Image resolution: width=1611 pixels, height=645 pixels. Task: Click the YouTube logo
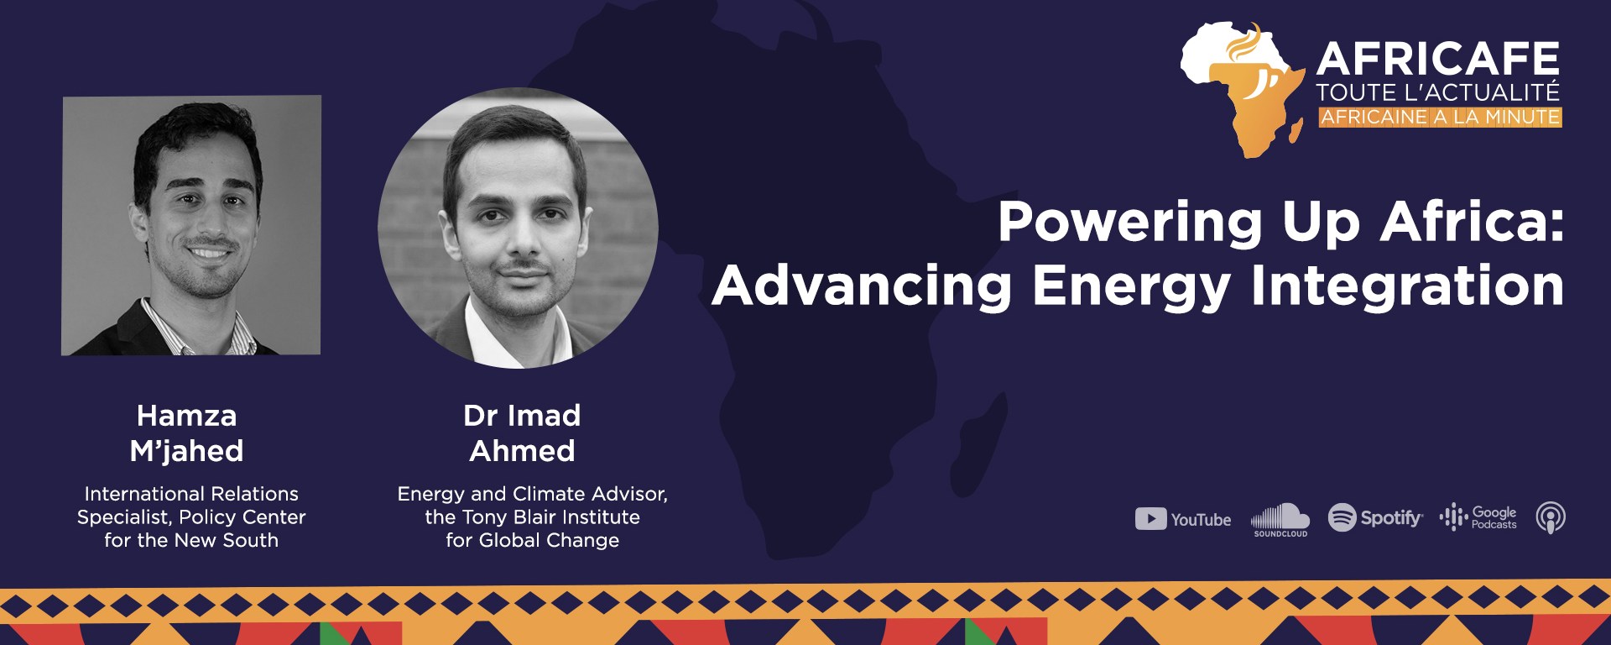(1183, 519)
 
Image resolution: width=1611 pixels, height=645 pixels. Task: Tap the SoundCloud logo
(1280, 520)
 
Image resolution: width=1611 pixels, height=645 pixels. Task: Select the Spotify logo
(1375, 517)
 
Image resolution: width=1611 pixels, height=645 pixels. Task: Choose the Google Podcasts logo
(1478, 517)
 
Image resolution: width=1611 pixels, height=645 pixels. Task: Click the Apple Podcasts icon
(1551, 517)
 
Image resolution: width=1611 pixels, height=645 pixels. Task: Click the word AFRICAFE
(1438, 60)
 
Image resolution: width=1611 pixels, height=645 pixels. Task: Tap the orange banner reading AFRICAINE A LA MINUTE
(1440, 117)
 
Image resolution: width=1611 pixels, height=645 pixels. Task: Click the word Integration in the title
(1407, 286)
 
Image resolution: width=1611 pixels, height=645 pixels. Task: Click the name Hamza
(187, 415)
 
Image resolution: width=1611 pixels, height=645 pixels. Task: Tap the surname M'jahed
(187, 452)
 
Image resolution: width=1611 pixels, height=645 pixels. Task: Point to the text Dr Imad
(522, 415)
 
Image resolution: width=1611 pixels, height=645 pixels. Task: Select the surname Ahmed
(522, 451)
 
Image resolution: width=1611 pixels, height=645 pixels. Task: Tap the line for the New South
(191, 540)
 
